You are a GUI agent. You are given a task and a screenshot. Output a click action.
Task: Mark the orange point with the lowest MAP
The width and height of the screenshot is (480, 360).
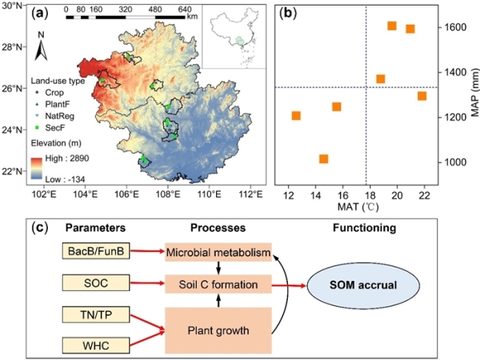323,159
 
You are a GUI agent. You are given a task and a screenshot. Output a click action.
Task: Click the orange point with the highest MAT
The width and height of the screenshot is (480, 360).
422,96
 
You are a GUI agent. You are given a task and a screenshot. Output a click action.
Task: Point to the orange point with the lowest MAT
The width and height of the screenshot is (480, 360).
296,116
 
